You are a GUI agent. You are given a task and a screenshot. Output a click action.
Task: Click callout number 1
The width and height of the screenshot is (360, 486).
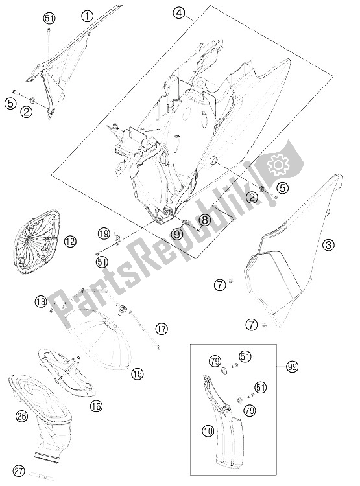coord(88,16)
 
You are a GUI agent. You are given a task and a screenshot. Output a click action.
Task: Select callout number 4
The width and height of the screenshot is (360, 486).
coord(180,13)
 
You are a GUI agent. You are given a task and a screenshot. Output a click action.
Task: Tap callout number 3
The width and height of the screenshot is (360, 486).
coord(328,245)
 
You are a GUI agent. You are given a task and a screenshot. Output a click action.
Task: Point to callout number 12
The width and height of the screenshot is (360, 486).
coord(70,241)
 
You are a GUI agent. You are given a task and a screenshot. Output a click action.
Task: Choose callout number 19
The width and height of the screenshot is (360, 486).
coord(104,233)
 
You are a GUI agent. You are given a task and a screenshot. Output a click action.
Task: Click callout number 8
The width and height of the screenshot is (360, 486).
coord(205,220)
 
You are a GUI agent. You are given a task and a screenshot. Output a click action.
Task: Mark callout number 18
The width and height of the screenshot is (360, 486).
coord(41,301)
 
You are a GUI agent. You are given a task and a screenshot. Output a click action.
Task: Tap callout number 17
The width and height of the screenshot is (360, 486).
coord(161,329)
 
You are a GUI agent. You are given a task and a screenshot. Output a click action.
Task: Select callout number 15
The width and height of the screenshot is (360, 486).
coord(137,374)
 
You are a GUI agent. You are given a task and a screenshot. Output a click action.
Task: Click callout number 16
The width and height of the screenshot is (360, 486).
coord(97,406)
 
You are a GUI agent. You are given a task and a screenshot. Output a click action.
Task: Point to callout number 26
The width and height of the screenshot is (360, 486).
coord(23,415)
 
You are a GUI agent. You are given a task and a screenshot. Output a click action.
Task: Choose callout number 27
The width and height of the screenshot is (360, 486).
coord(19,472)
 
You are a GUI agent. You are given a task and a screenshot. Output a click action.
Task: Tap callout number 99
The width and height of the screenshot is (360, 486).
coord(292,367)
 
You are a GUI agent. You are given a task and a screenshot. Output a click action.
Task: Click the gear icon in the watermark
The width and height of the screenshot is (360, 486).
coord(278,165)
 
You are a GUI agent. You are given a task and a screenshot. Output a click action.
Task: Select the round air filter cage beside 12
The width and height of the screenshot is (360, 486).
coord(36,242)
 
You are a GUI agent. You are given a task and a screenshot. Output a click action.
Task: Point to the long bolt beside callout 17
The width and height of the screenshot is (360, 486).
coord(146,329)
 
